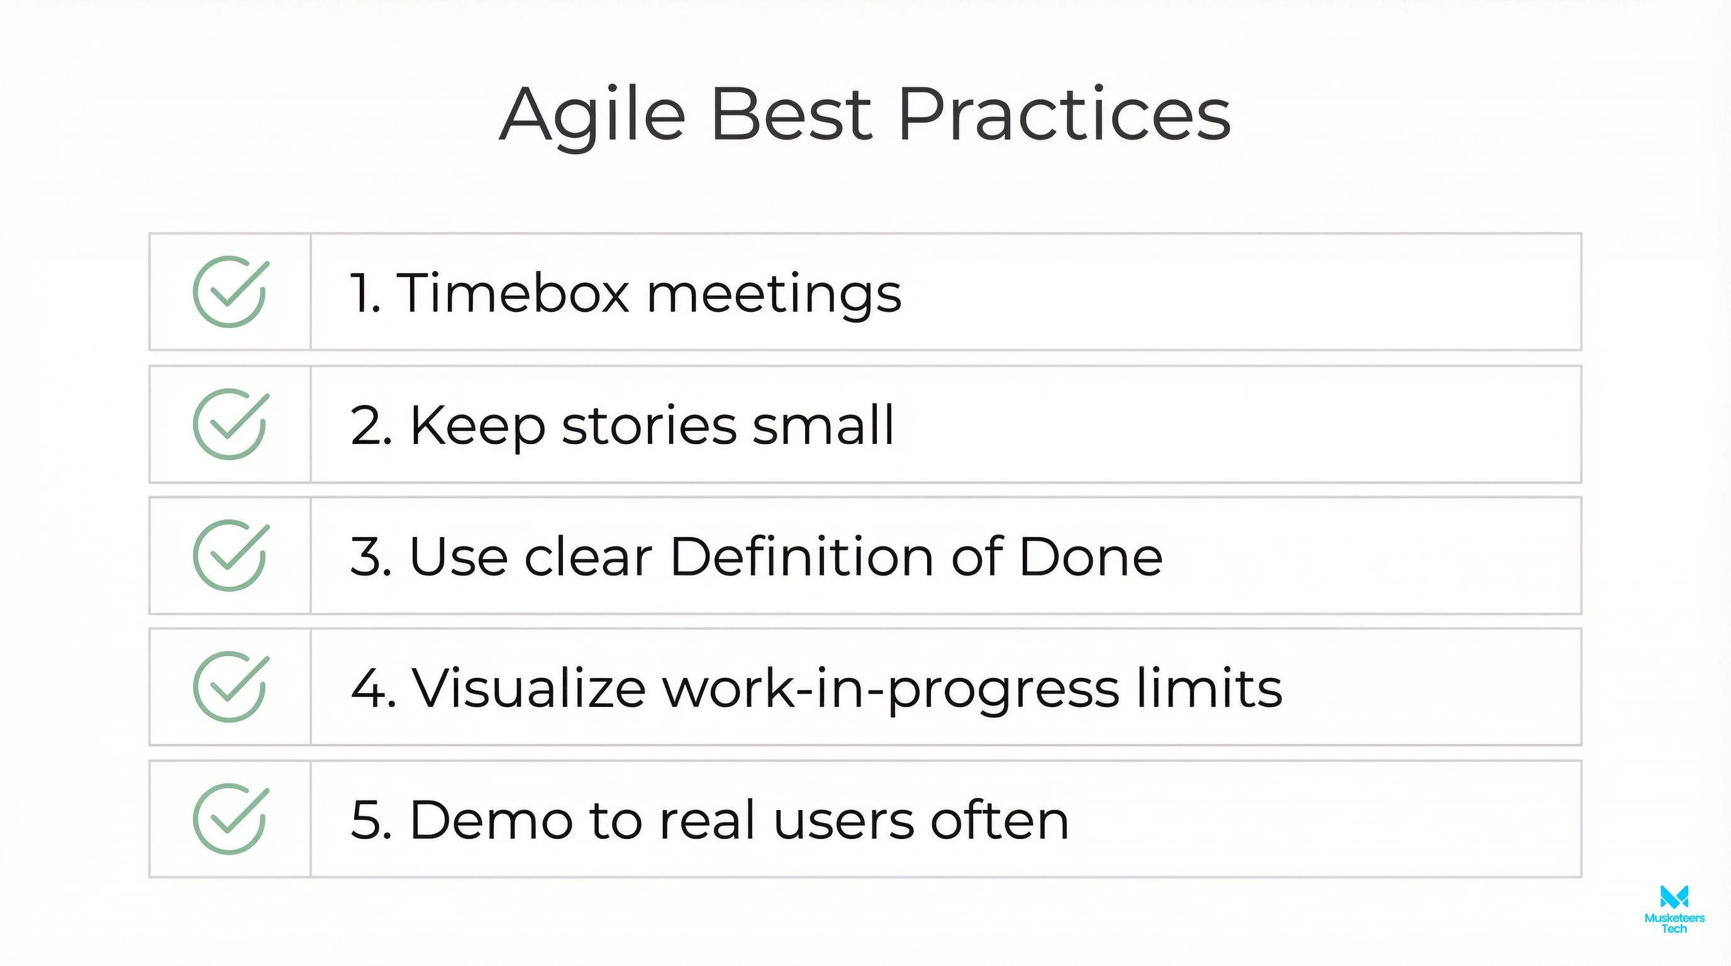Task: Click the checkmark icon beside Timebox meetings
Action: pyautogui.click(x=230, y=292)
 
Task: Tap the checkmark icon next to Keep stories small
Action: pyautogui.click(x=230, y=424)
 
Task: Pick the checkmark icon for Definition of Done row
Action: pyautogui.click(x=230, y=555)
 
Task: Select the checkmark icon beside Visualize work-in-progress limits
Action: pyautogui.click(x=230, y=687)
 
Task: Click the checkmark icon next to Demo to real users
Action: pyautogui.click(x=230, y=819)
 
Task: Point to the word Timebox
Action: pyautogui.click(x=513, y=293)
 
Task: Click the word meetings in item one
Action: pyautogui.click(x=774, y=294)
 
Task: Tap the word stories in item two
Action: pyautogui.click(x=649, y=425)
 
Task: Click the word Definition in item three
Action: pyautogui.click(x=803, y=556)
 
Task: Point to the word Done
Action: pyautogui.click(x=1090, y=556)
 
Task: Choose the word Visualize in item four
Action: pyautogui.click(x=528, y=688)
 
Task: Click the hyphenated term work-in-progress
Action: pyautogui.click(x=891, y=689)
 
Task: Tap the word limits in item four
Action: pyautogui.click(x=1210, y=688)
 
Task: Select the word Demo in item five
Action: pyautogui.click(x=491, y=819)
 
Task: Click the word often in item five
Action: pyautogui.click(x=999, y=819)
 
